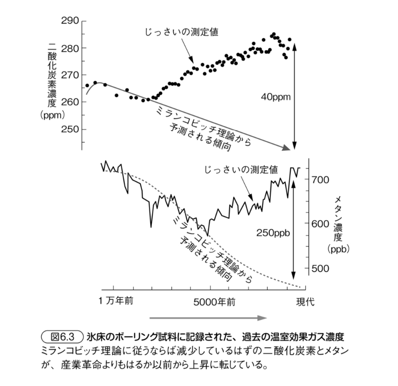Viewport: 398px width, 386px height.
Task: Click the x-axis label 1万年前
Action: [x=116, y=301]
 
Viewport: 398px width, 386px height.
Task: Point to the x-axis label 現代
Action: [x=305, y=302]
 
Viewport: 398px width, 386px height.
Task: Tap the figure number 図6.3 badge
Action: [x=62, y=337]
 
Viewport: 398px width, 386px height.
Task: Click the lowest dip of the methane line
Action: [x=208, y=235]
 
